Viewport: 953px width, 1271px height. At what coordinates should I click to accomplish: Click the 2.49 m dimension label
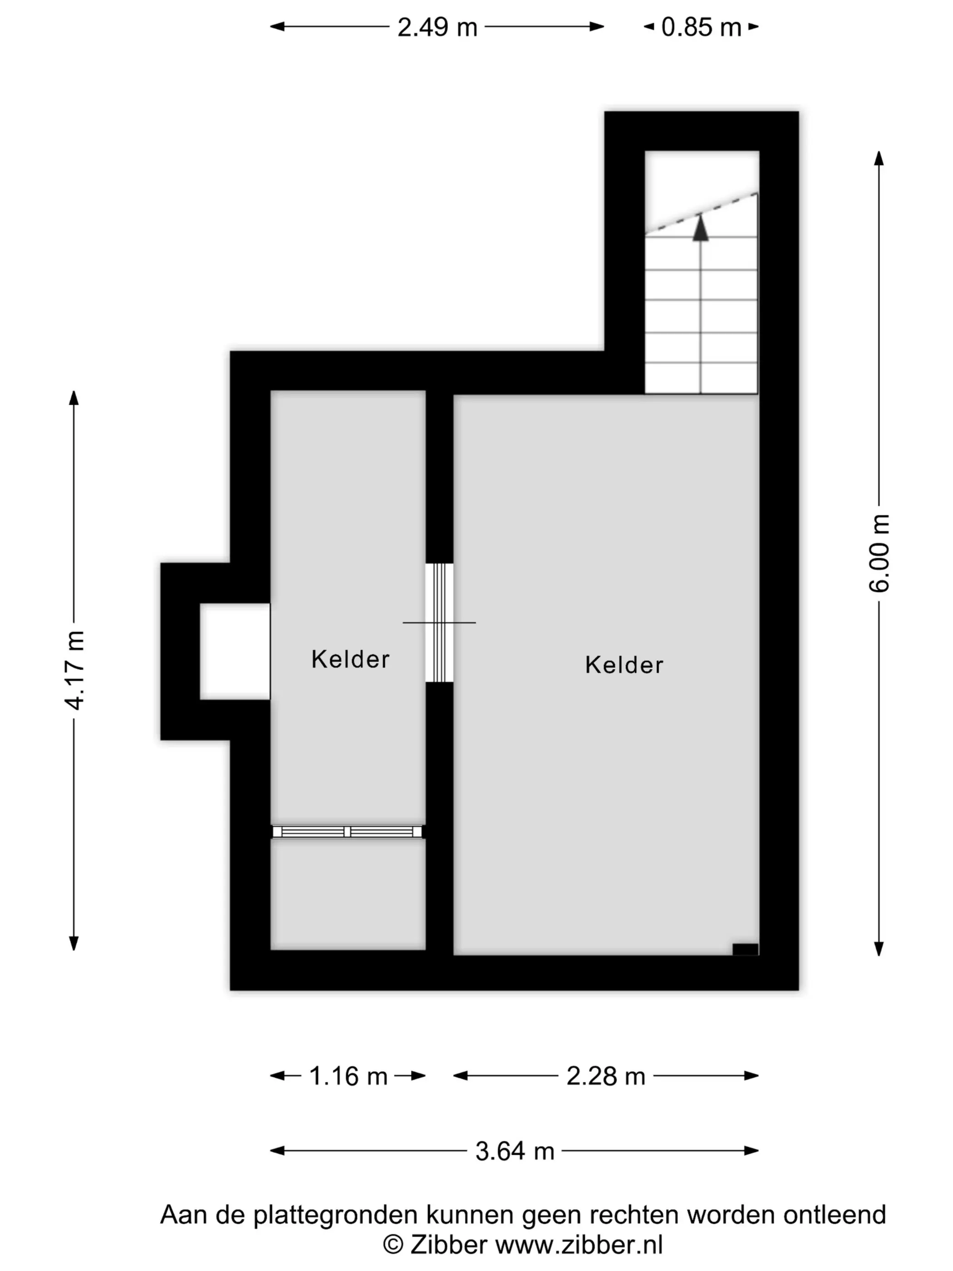click(x=437, y=27)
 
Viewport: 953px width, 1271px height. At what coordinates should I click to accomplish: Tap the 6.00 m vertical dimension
click(x=879, y=553)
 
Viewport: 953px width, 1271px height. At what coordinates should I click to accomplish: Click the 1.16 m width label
click(x=348, y=1076)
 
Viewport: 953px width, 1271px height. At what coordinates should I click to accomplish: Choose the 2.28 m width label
click(x=605, y=1076)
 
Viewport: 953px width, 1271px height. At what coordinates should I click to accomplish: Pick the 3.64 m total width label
click(x=515, y=1151)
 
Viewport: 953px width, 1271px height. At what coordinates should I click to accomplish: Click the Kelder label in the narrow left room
click(x=350, y=659)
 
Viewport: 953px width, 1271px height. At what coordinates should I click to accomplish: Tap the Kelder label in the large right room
click(x=624, y=665)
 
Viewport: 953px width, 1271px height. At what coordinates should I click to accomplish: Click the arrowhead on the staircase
click(x=700, y=227)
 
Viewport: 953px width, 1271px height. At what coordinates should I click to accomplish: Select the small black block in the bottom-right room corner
click(x=745, y=949)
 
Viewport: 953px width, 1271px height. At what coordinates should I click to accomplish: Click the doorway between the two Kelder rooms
click(x=439, y=622)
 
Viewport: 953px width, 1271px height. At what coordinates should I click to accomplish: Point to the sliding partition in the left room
click(x=347, y=832)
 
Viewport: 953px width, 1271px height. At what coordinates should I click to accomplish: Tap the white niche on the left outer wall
click(x=235, y=651)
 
